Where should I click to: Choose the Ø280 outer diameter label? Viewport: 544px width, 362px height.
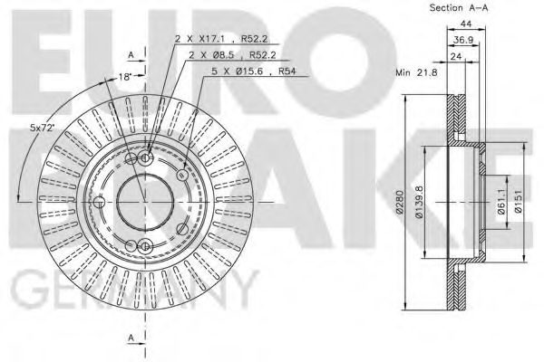pyautogui.click(x=401, y=201)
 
